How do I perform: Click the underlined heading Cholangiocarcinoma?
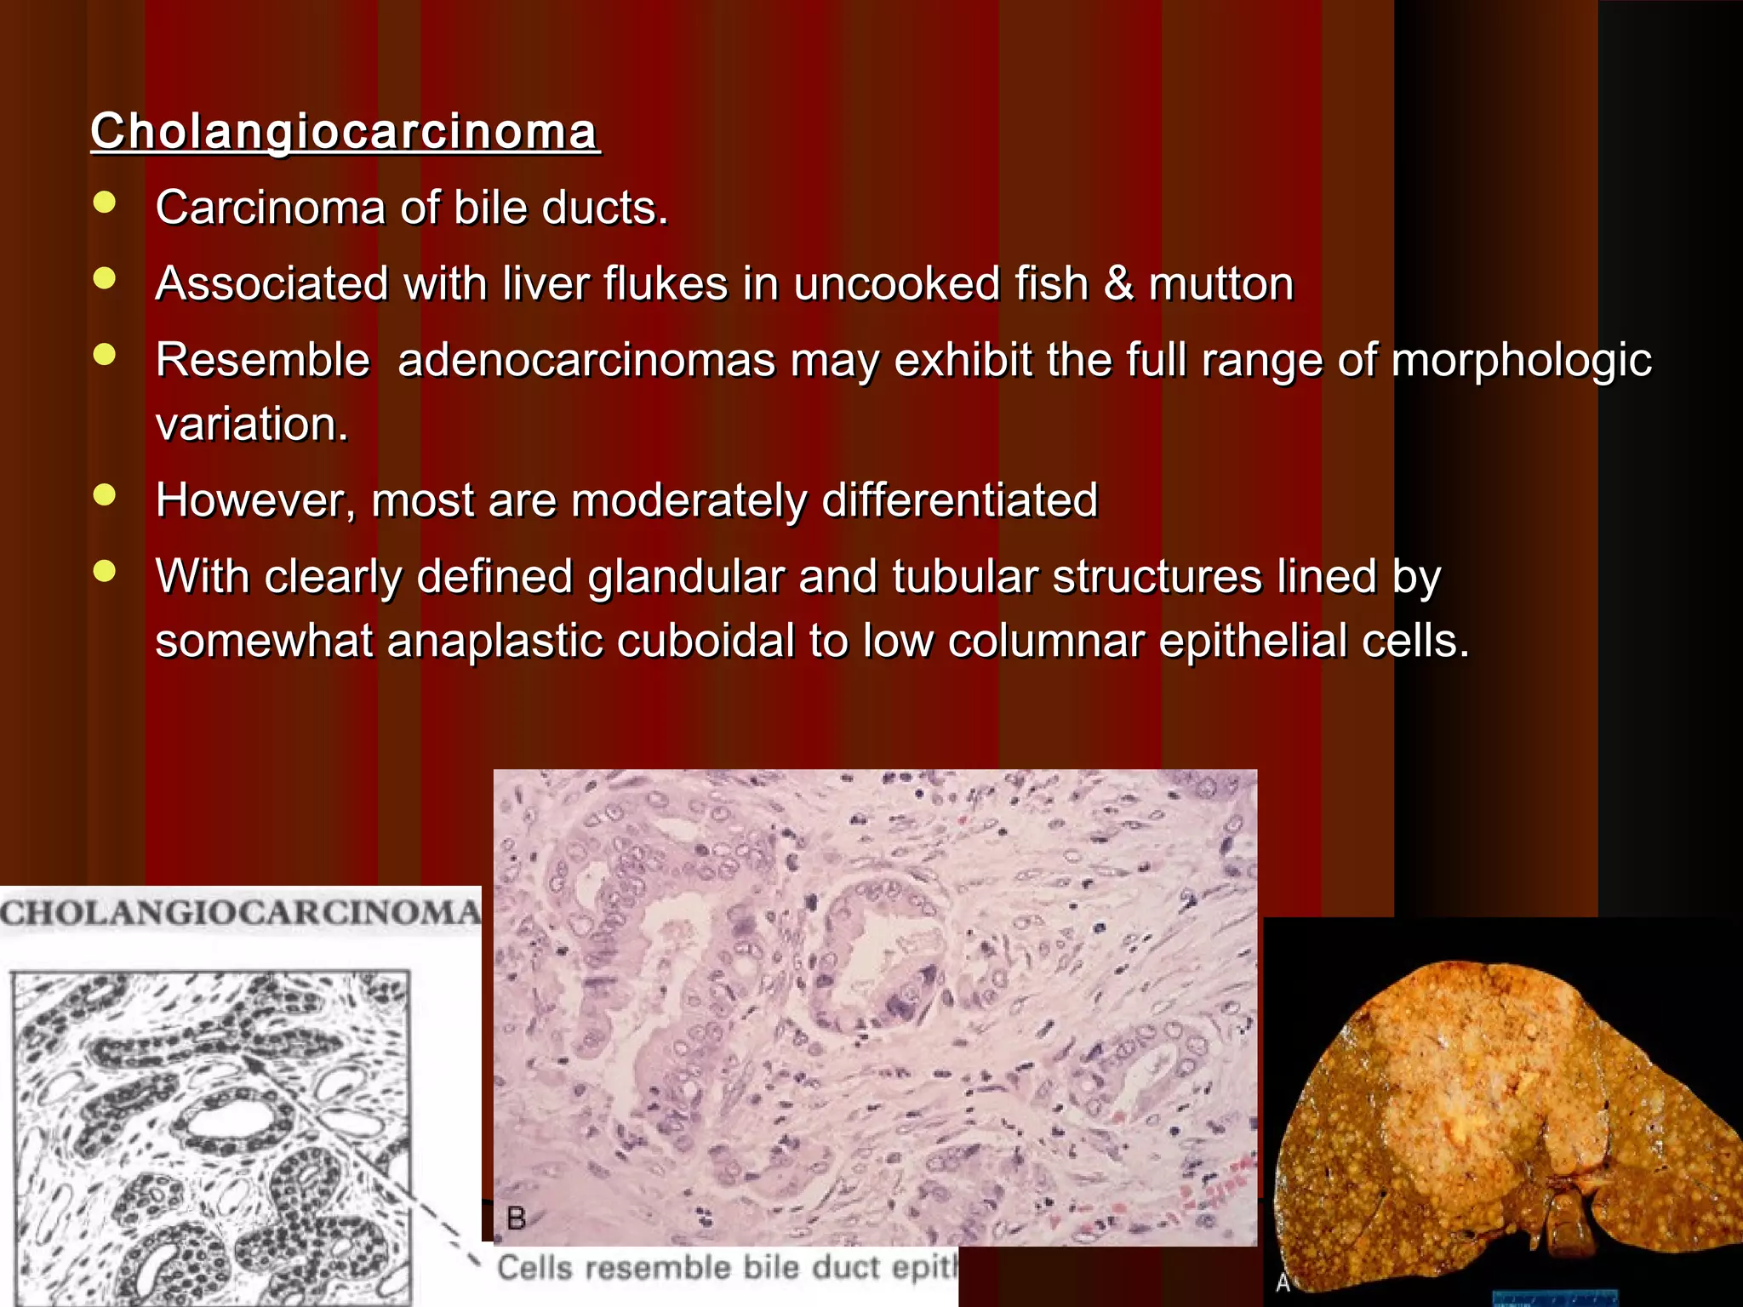click(x=345, y=132)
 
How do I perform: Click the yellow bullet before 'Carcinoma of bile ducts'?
click(x=105, y=203)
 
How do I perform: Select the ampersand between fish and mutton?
click(x=1118, y=283)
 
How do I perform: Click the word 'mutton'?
click(x=1221, y=283)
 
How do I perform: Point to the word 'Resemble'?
click(x=262, y=359)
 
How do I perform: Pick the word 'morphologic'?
click(x=1521, y=361)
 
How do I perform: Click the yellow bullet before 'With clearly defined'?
click(x=105, y=572)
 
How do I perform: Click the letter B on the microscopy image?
click(x=516, y=1219)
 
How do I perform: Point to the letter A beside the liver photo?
click(x=1283, y=1281)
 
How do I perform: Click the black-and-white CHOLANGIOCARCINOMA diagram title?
click(x=240, y=913)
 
